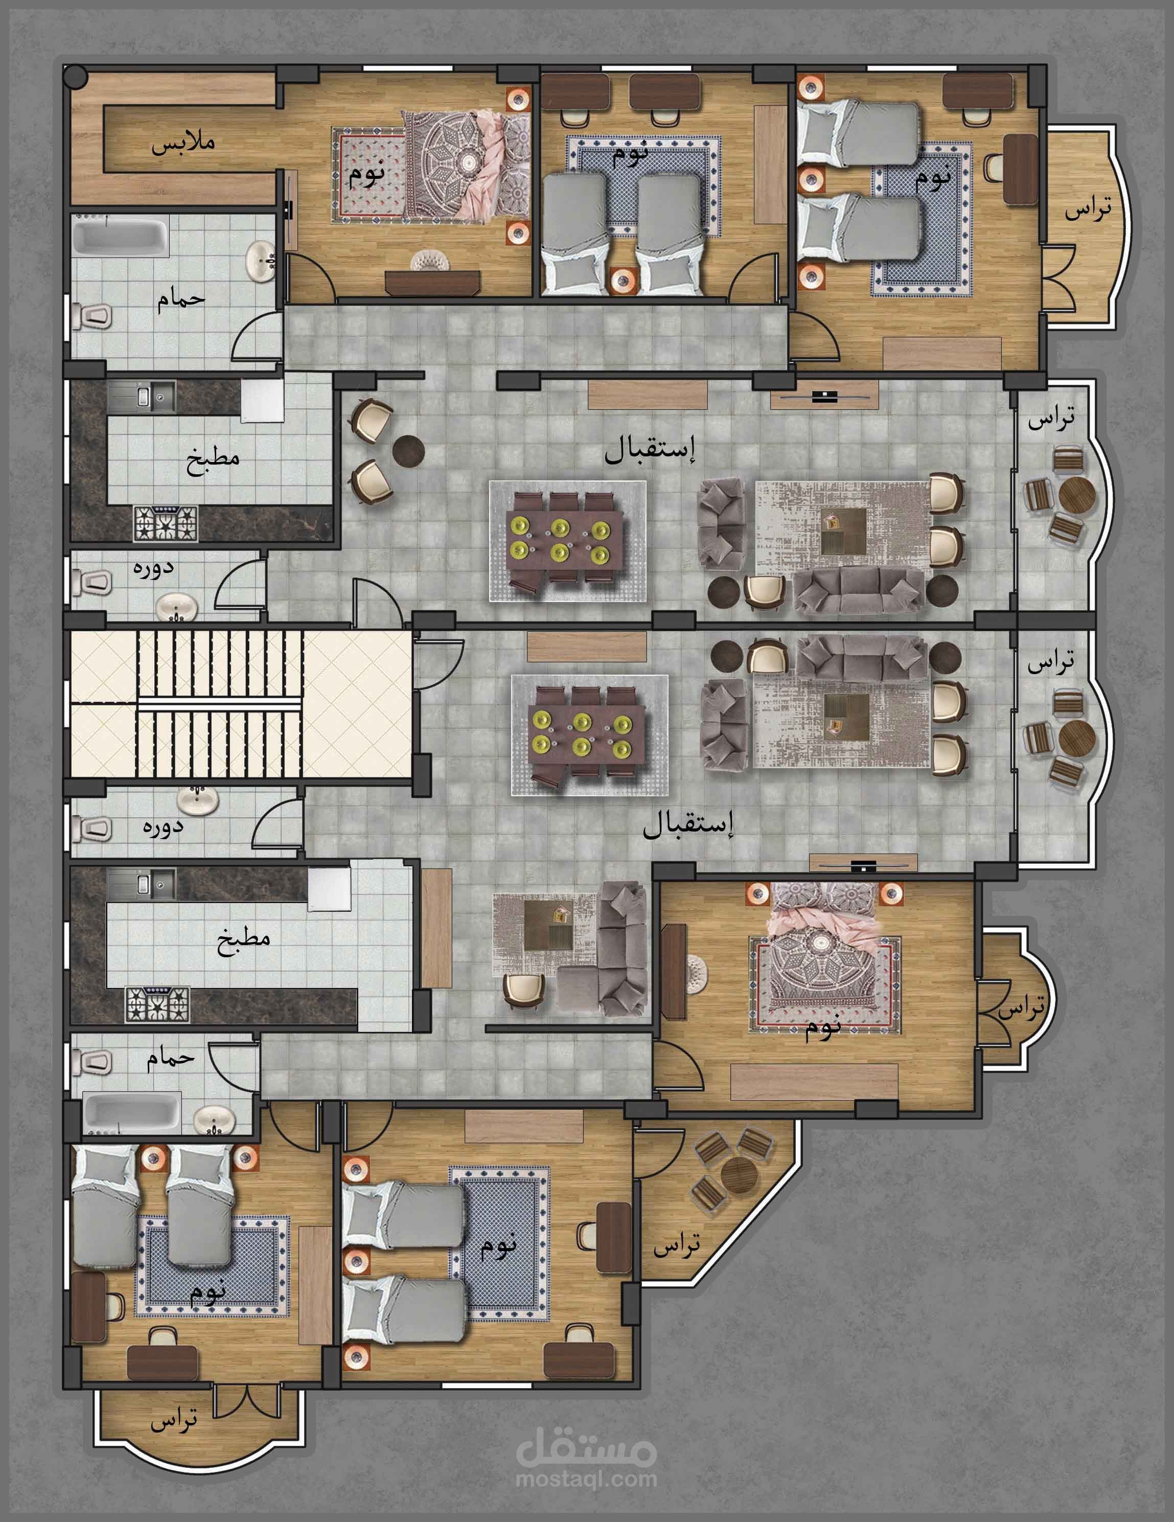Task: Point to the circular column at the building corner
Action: [x=75, y=76]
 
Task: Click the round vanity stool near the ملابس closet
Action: [x=426, y=261]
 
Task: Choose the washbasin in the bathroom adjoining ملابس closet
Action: [x=261, y=261]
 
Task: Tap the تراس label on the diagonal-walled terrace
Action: [x=677, y=1244]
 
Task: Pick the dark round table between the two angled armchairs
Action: [x=408, y=451]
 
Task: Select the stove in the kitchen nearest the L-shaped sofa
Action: [x=157, y=1004]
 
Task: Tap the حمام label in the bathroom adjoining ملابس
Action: [x=180, y=299]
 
